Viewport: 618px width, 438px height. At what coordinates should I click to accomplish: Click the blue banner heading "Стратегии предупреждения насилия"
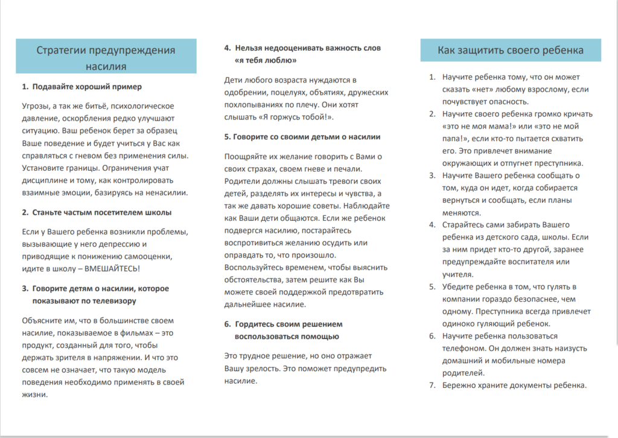(106, 57)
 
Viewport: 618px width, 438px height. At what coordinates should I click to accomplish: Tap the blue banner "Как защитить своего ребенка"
(511, 50)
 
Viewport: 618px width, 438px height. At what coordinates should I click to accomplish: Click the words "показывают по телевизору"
(84, 300)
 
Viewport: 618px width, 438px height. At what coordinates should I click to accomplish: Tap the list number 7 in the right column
(432, 386)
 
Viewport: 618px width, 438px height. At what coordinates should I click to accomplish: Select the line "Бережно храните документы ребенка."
(514, 386)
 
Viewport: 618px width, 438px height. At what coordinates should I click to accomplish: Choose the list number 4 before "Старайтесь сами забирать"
(432, 224)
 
